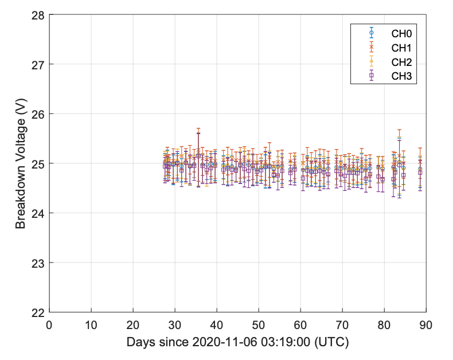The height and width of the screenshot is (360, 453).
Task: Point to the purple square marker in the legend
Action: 372,75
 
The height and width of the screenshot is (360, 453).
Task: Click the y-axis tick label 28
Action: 38,15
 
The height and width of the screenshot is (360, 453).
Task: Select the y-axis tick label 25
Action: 38,164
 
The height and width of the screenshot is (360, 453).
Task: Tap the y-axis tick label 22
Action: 38,312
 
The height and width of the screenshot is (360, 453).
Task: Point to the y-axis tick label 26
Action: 38,114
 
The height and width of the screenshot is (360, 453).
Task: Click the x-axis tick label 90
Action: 425,325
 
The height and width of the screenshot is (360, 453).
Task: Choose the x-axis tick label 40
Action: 217,325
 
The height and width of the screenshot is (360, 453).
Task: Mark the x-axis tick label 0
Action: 49,325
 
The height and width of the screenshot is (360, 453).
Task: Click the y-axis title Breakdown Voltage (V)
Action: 21,163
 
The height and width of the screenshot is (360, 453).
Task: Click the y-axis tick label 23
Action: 38,263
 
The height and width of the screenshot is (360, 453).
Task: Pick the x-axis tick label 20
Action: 133,325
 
